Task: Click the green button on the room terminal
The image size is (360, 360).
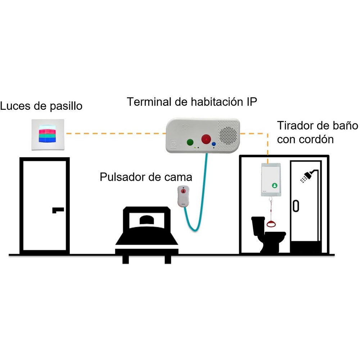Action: click(x=190, y=142)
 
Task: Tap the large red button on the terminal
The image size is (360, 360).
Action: click(x=206, y=139)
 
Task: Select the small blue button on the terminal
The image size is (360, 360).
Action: click(x=214, y=144)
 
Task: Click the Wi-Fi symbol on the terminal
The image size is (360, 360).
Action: click(x=185, y=126)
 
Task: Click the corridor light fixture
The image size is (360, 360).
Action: click(x=48, y=135)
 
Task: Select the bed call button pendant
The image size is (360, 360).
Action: click(x=183, y=196)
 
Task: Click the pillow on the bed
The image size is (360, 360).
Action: click(x=147, y=220)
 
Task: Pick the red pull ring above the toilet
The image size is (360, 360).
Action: click(x=271, y=224)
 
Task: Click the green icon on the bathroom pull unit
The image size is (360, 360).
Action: click(x=275, y=185)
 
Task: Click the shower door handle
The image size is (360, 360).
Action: click(x=296, y=206)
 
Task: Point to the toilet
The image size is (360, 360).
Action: click(x=267, y=234)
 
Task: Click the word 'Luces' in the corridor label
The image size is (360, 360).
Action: click(x=15, y=106)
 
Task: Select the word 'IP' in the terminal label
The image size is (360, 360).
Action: click(x=252, y=102)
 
